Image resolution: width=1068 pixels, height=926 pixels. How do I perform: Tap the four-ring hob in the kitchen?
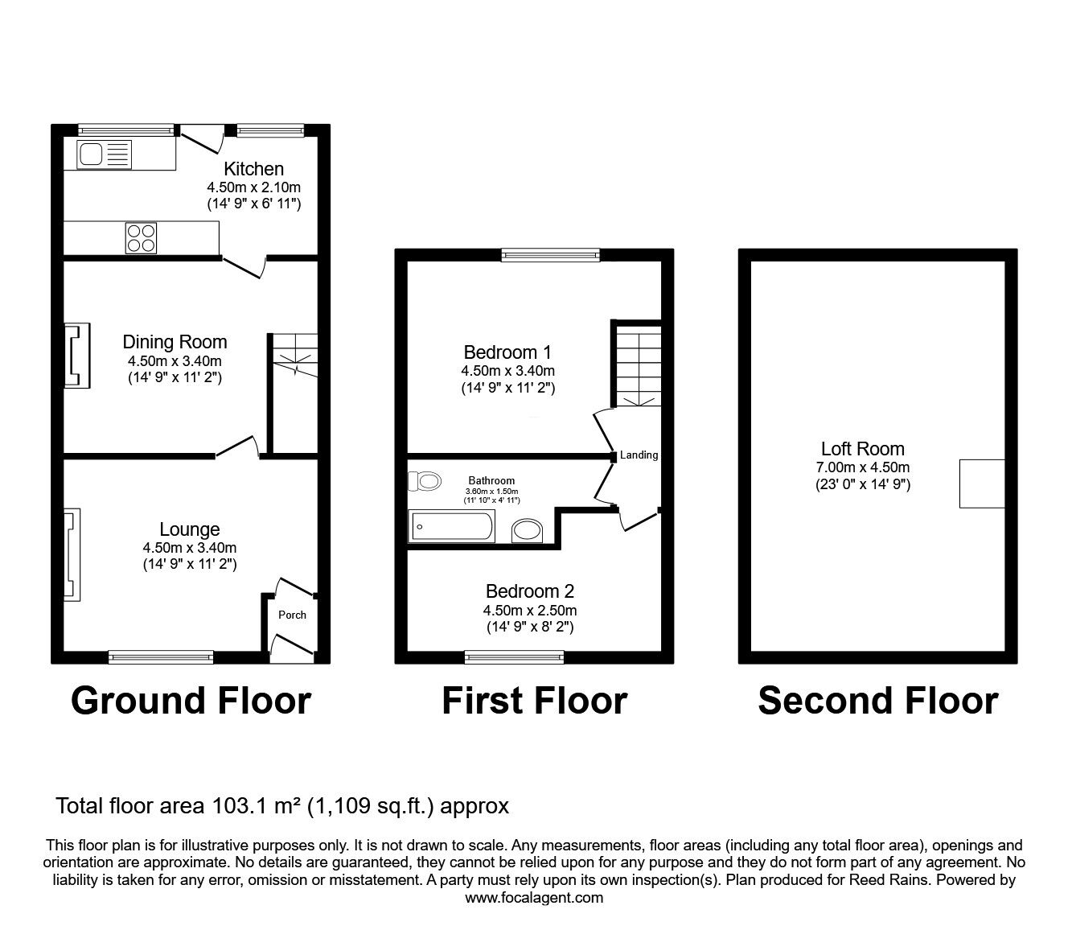pos(141,237)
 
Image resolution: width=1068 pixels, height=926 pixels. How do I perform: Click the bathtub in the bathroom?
pos(451,527)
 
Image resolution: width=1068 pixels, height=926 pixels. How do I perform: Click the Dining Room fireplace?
pos(77,356)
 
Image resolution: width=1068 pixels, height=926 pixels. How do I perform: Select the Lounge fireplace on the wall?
pos(72,554)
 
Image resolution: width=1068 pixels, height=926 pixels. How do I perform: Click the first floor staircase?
pos(639,364)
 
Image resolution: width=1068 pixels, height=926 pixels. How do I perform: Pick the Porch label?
pos(292,615)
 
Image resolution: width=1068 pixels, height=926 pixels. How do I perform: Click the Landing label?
pos(639,455)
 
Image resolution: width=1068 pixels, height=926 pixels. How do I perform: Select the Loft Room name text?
pos(862,449)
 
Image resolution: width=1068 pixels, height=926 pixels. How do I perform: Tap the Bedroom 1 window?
pos(550,255)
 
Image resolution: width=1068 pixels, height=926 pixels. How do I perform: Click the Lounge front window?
pos(161,657)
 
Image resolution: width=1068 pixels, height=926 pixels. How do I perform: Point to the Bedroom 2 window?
pos(515,657)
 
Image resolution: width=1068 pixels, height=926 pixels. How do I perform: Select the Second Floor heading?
pos(877,701)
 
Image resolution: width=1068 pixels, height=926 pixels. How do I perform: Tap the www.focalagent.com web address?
pos(534,897)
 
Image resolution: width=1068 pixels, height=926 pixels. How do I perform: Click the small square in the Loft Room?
pos(982,484)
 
